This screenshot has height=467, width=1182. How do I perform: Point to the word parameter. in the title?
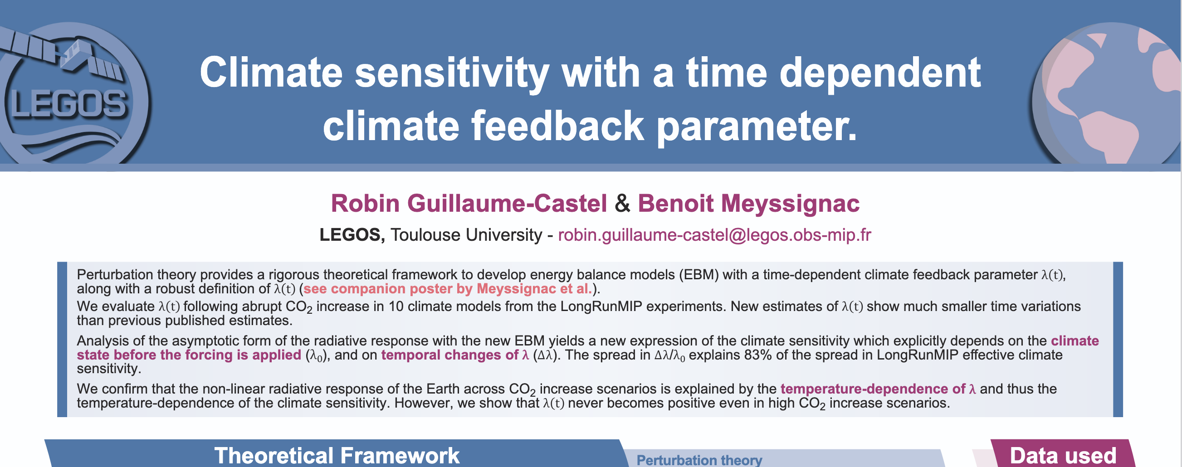[757, 126]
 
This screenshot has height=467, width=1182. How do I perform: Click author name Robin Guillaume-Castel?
[469, 203]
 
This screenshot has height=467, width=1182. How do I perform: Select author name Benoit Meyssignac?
[748, 203]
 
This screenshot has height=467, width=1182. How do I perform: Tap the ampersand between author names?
[622, 203]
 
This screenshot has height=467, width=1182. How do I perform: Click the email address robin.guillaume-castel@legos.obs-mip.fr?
[714, 235]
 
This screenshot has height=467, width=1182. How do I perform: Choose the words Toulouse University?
[466, 235]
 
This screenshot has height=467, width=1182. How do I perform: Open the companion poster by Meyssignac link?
[447, 288]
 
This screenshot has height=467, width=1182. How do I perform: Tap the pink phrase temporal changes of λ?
[455, 355]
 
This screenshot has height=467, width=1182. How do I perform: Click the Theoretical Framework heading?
[337, 456]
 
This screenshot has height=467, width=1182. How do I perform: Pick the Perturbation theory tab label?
[699, 460]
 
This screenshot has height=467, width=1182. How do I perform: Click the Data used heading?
[1063, 456]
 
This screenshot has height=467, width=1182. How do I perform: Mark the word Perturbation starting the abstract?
[115, 275]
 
